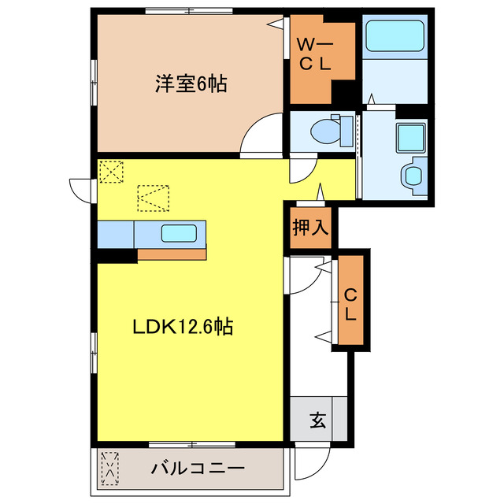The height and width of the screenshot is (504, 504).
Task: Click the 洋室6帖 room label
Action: point(191,83)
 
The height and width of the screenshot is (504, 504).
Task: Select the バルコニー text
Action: point(198,468)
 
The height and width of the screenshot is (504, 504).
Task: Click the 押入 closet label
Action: point(310,228)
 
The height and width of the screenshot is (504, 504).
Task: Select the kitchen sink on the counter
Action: point(179,233)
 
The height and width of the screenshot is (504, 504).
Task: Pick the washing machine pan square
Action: point(411,139)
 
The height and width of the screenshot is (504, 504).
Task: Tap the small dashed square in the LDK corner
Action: point(111,171)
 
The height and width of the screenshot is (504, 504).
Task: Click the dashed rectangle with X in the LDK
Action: point(153,197)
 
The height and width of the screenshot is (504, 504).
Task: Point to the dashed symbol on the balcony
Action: point(110,469)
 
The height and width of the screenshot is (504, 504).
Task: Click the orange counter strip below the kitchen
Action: point(172,254)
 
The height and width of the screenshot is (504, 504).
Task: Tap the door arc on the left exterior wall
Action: point(82,189)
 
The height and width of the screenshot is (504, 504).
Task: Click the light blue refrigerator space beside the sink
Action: point(116,234)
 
